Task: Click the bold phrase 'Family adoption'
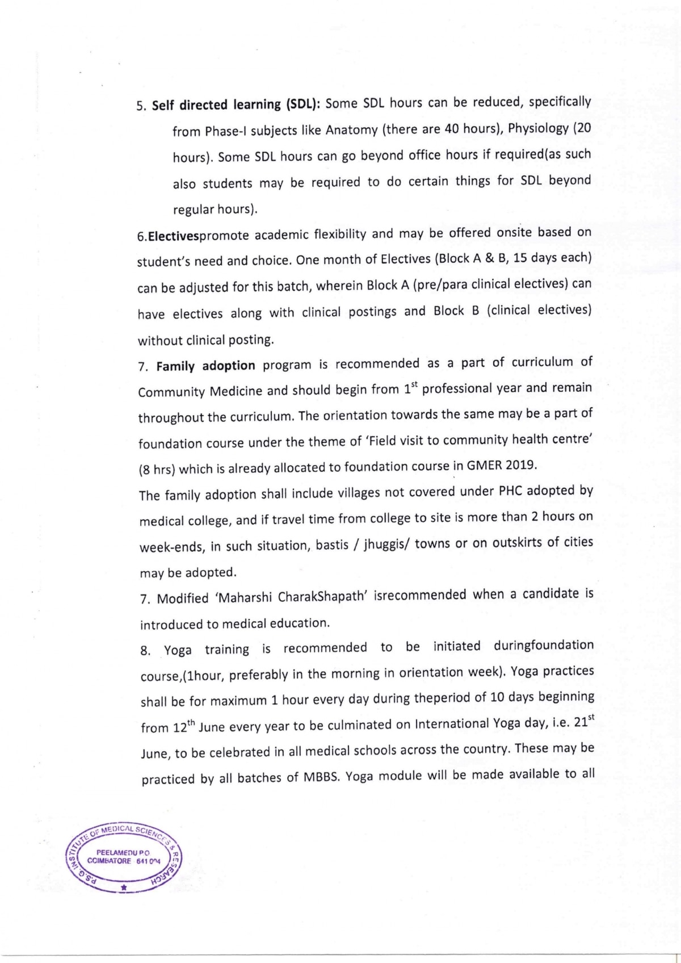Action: point(206,366)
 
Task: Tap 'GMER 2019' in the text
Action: point(501,465)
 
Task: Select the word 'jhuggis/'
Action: point(382,544)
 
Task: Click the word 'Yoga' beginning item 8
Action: point(178,650)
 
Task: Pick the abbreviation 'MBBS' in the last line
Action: point(321,777)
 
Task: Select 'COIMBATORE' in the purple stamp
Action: point(109,861)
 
